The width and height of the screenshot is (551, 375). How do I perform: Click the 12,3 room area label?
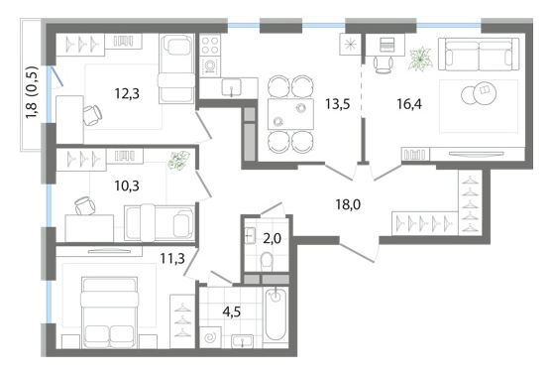(x=127, y=93)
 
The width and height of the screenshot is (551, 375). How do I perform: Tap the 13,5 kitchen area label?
(x=337, y=104)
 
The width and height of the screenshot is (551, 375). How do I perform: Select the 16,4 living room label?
(x=409, y=104)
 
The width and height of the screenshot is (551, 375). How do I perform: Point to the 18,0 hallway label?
(x=348, y=204)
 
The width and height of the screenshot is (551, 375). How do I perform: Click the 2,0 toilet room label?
(x=272, y=239)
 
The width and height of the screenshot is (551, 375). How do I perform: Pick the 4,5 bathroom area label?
(x=232, y=312)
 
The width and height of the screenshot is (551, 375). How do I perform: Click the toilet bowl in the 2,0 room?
(x=268, y=261)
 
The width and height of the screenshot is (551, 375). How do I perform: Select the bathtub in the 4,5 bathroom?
(x=275, y=313)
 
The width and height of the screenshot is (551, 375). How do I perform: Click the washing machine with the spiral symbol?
(x=210, y=337)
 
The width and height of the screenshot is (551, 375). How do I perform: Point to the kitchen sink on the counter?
(x=231, y=87)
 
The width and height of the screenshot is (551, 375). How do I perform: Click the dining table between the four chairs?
(x=290, y=114)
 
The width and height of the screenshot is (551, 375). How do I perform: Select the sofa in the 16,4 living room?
(x=479, y=55)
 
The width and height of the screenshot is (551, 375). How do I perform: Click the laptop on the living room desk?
(x=387, y=45)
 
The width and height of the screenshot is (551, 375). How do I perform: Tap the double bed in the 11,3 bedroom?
(x=109, y=312)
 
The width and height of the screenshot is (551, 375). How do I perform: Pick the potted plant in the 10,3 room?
(x=178, y=161)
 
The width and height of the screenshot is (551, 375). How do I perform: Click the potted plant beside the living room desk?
(x=420, y=59)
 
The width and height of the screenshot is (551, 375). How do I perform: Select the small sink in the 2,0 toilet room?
(x=250, y=235)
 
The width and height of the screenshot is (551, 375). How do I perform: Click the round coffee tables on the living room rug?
(x=479, y=94)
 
